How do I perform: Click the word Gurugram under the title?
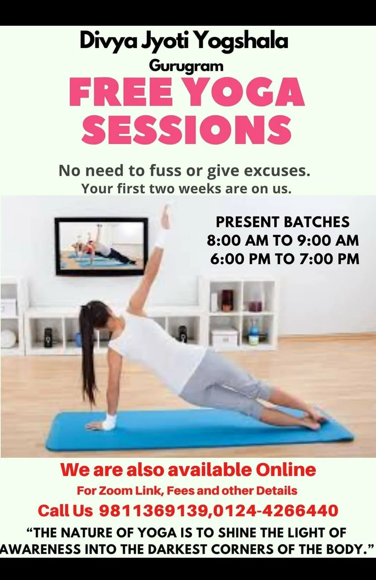pyautogui.click(x=186, y=66)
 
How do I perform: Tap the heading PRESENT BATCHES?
pyautogui.click(x=283, y=222)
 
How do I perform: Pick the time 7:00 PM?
pyautogui.click(x=329, y=259)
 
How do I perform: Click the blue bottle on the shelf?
pyautogui.click(x=254, y=334)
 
